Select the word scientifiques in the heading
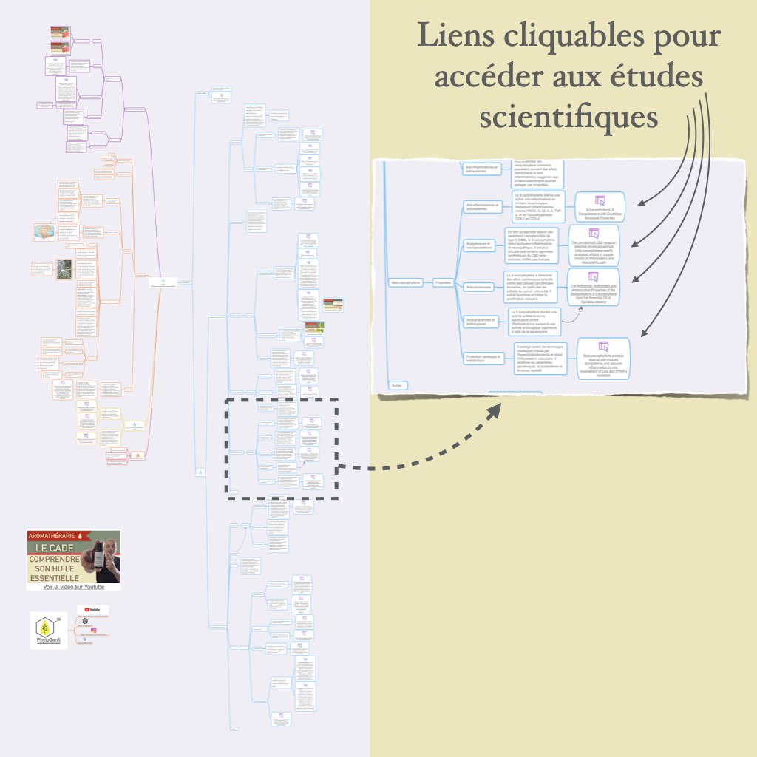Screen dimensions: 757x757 coord(568,116)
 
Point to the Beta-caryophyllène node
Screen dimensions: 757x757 coord(404,282)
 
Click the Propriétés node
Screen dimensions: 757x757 coord(443,282)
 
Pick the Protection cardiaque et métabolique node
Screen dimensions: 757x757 coord(484,359)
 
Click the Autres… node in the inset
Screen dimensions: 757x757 coord(398,384)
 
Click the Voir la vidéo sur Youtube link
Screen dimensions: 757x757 coord(73,587)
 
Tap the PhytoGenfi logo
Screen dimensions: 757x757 coord(48,630)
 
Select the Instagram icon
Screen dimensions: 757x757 coord(85,621)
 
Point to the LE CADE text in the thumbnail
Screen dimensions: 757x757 coord(57,549)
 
